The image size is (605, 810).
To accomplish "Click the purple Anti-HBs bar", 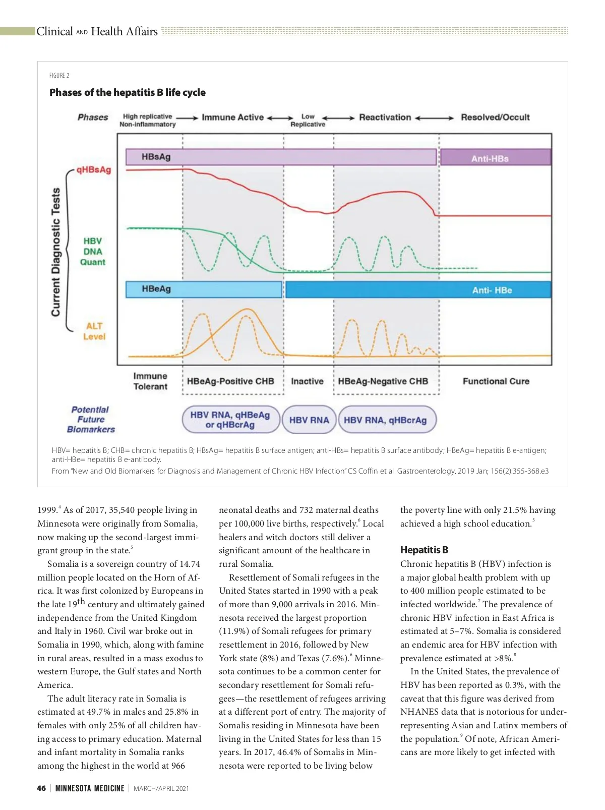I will coord(496,158).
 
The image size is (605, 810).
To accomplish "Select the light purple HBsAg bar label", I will coord(156,157).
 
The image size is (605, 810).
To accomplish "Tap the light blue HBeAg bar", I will coord(204,290).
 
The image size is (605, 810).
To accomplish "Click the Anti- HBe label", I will coord(492,291).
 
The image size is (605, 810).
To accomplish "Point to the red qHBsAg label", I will coord(94,170).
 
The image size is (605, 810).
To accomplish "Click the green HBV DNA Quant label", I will coord(93,252).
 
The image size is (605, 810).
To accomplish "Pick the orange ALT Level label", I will coord(94,331).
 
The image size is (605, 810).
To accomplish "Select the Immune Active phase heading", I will coord(232,118).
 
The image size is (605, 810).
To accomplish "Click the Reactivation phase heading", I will coord(385,118).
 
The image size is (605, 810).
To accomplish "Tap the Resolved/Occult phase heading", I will coord(495,118).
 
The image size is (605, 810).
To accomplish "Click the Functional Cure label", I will coord(496,381).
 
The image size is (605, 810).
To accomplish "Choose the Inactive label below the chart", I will coord(307,381).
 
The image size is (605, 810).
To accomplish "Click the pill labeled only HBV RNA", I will coord(309,420).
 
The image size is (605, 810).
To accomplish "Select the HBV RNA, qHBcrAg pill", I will coord(385,420).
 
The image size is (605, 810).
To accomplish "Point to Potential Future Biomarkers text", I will coord(91,420).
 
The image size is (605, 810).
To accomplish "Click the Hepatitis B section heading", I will coord(424,550).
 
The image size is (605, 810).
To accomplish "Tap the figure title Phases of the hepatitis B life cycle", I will coord(128,92).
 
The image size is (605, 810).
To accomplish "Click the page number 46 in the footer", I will coord(41,788).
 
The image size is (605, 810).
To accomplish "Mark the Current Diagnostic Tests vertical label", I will coord(56,252).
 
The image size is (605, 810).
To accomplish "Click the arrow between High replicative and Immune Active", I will coord(188,118).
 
